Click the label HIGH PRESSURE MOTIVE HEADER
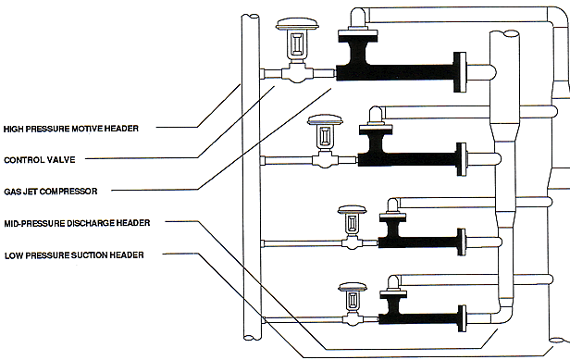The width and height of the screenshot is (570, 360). (71, 129)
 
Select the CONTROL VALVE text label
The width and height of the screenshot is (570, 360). (40, 160)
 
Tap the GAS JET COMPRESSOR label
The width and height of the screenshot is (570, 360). (51, 192)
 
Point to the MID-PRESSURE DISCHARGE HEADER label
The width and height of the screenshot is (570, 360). (77, 223)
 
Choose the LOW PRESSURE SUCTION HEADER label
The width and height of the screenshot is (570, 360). (74, 255)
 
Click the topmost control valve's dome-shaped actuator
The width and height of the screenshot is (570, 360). (297, 24)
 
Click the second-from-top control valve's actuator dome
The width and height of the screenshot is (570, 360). (325, 120)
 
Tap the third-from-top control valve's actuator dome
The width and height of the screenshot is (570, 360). (352, 209)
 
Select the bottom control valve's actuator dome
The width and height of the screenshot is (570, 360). (353, 287)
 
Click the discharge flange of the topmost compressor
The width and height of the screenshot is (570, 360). (460, 72)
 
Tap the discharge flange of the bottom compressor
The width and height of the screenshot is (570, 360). (462, 318)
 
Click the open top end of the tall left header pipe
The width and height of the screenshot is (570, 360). (251, 17)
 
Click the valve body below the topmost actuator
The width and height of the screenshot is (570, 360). (297, 73)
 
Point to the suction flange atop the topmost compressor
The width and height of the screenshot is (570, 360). (358, 35)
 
